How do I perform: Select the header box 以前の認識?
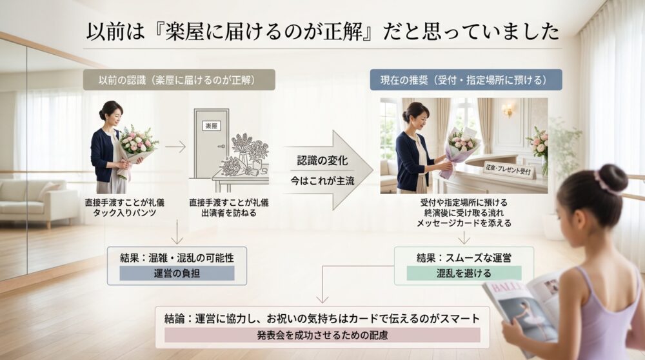(x=179, y=79)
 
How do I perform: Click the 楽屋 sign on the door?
(x=211, y=125)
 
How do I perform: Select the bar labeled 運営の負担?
(x=177, y=273)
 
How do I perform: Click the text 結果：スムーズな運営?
(x=464, y=258)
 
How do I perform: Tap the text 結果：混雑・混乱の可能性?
(x=177, y=257)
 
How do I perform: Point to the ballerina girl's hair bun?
(x=612, y=178)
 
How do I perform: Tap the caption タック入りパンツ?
(x=117, y=212)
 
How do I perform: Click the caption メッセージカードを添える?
(x=464, y=223)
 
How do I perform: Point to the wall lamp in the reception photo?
(x=506, y=111)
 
